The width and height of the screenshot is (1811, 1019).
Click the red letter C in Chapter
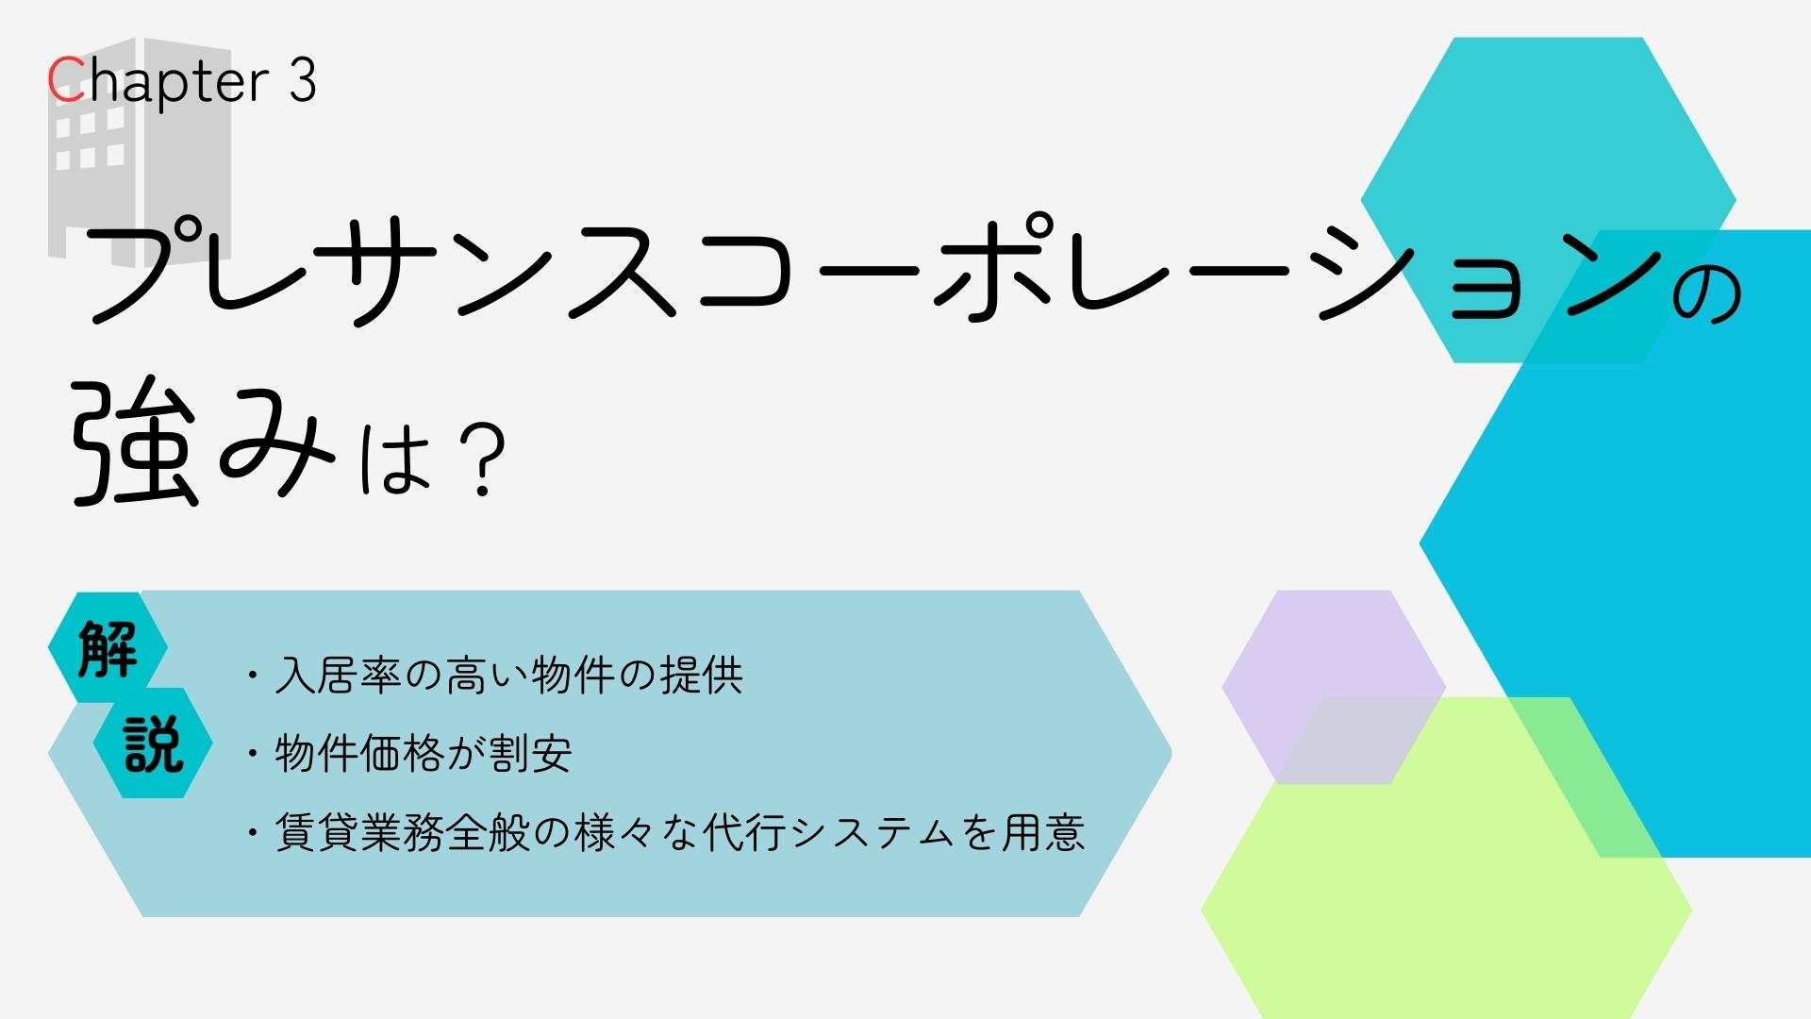click(x=66, y=80)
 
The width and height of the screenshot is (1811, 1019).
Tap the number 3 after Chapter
click(x=302, y=80)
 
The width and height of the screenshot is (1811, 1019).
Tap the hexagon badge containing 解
click(x=108, y=648)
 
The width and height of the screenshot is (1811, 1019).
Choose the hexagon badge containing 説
click(x=153, y=743)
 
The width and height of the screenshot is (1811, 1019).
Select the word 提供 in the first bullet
click(x=702, y=676)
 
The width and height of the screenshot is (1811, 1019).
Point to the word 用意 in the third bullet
click(x=1043, y=832)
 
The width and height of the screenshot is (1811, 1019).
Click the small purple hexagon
click(x=1334, y=687)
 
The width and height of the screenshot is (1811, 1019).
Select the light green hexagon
click(x=1446, y=858)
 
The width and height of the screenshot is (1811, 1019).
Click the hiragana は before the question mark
click(x=396, y=459)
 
